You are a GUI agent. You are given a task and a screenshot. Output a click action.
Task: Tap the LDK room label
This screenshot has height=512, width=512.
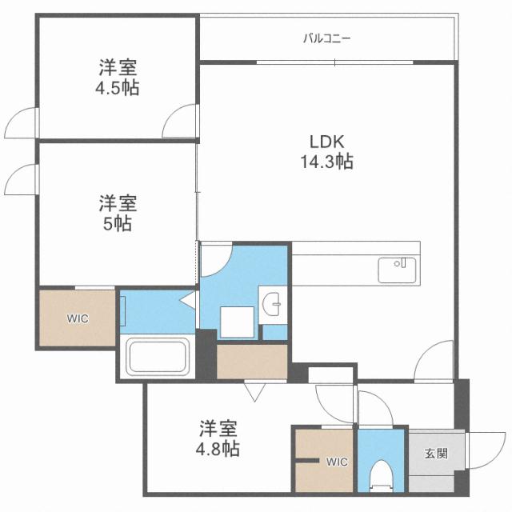(x=327, y=142)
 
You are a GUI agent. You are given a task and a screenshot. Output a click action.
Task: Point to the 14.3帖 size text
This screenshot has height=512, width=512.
(x=327, y=162)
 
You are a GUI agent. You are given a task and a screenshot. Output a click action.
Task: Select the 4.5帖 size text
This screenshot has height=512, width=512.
(x=116, y=88)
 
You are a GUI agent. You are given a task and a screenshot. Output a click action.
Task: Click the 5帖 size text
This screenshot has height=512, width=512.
(x=116, y=224)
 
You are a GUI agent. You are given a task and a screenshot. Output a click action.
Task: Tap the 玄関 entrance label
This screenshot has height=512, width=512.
(x=436, y=454)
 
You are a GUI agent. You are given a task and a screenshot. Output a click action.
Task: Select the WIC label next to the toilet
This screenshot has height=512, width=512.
(x=335, y=462)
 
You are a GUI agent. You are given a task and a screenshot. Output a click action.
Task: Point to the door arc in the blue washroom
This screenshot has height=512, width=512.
(x=216, y=258)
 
